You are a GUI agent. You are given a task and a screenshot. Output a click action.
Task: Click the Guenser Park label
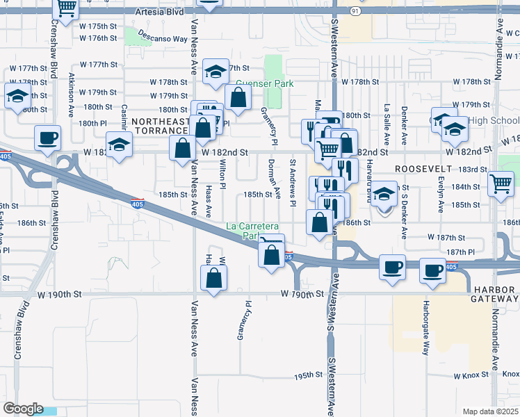tap(264, 83)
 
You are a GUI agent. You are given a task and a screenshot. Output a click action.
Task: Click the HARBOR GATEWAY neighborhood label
tap(495, 294)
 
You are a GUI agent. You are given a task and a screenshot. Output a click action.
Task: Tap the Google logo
tap(23, 409)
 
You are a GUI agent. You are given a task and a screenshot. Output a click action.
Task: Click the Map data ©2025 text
tap(491, 411)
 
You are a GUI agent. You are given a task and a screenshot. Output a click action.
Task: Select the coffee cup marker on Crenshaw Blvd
tap(47, 138)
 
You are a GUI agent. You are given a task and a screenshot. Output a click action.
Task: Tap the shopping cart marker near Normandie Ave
tap(501, 184)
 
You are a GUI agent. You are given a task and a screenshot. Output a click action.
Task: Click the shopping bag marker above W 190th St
tap(214, 278)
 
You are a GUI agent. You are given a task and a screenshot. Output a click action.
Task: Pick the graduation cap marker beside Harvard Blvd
tap(383, 195)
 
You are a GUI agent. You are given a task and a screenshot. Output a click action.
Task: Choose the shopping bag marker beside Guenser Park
tap(238, 99)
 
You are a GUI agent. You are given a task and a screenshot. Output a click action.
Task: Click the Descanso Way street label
tap(162, 35)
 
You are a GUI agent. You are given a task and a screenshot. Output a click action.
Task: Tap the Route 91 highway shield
tap(356, 11)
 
